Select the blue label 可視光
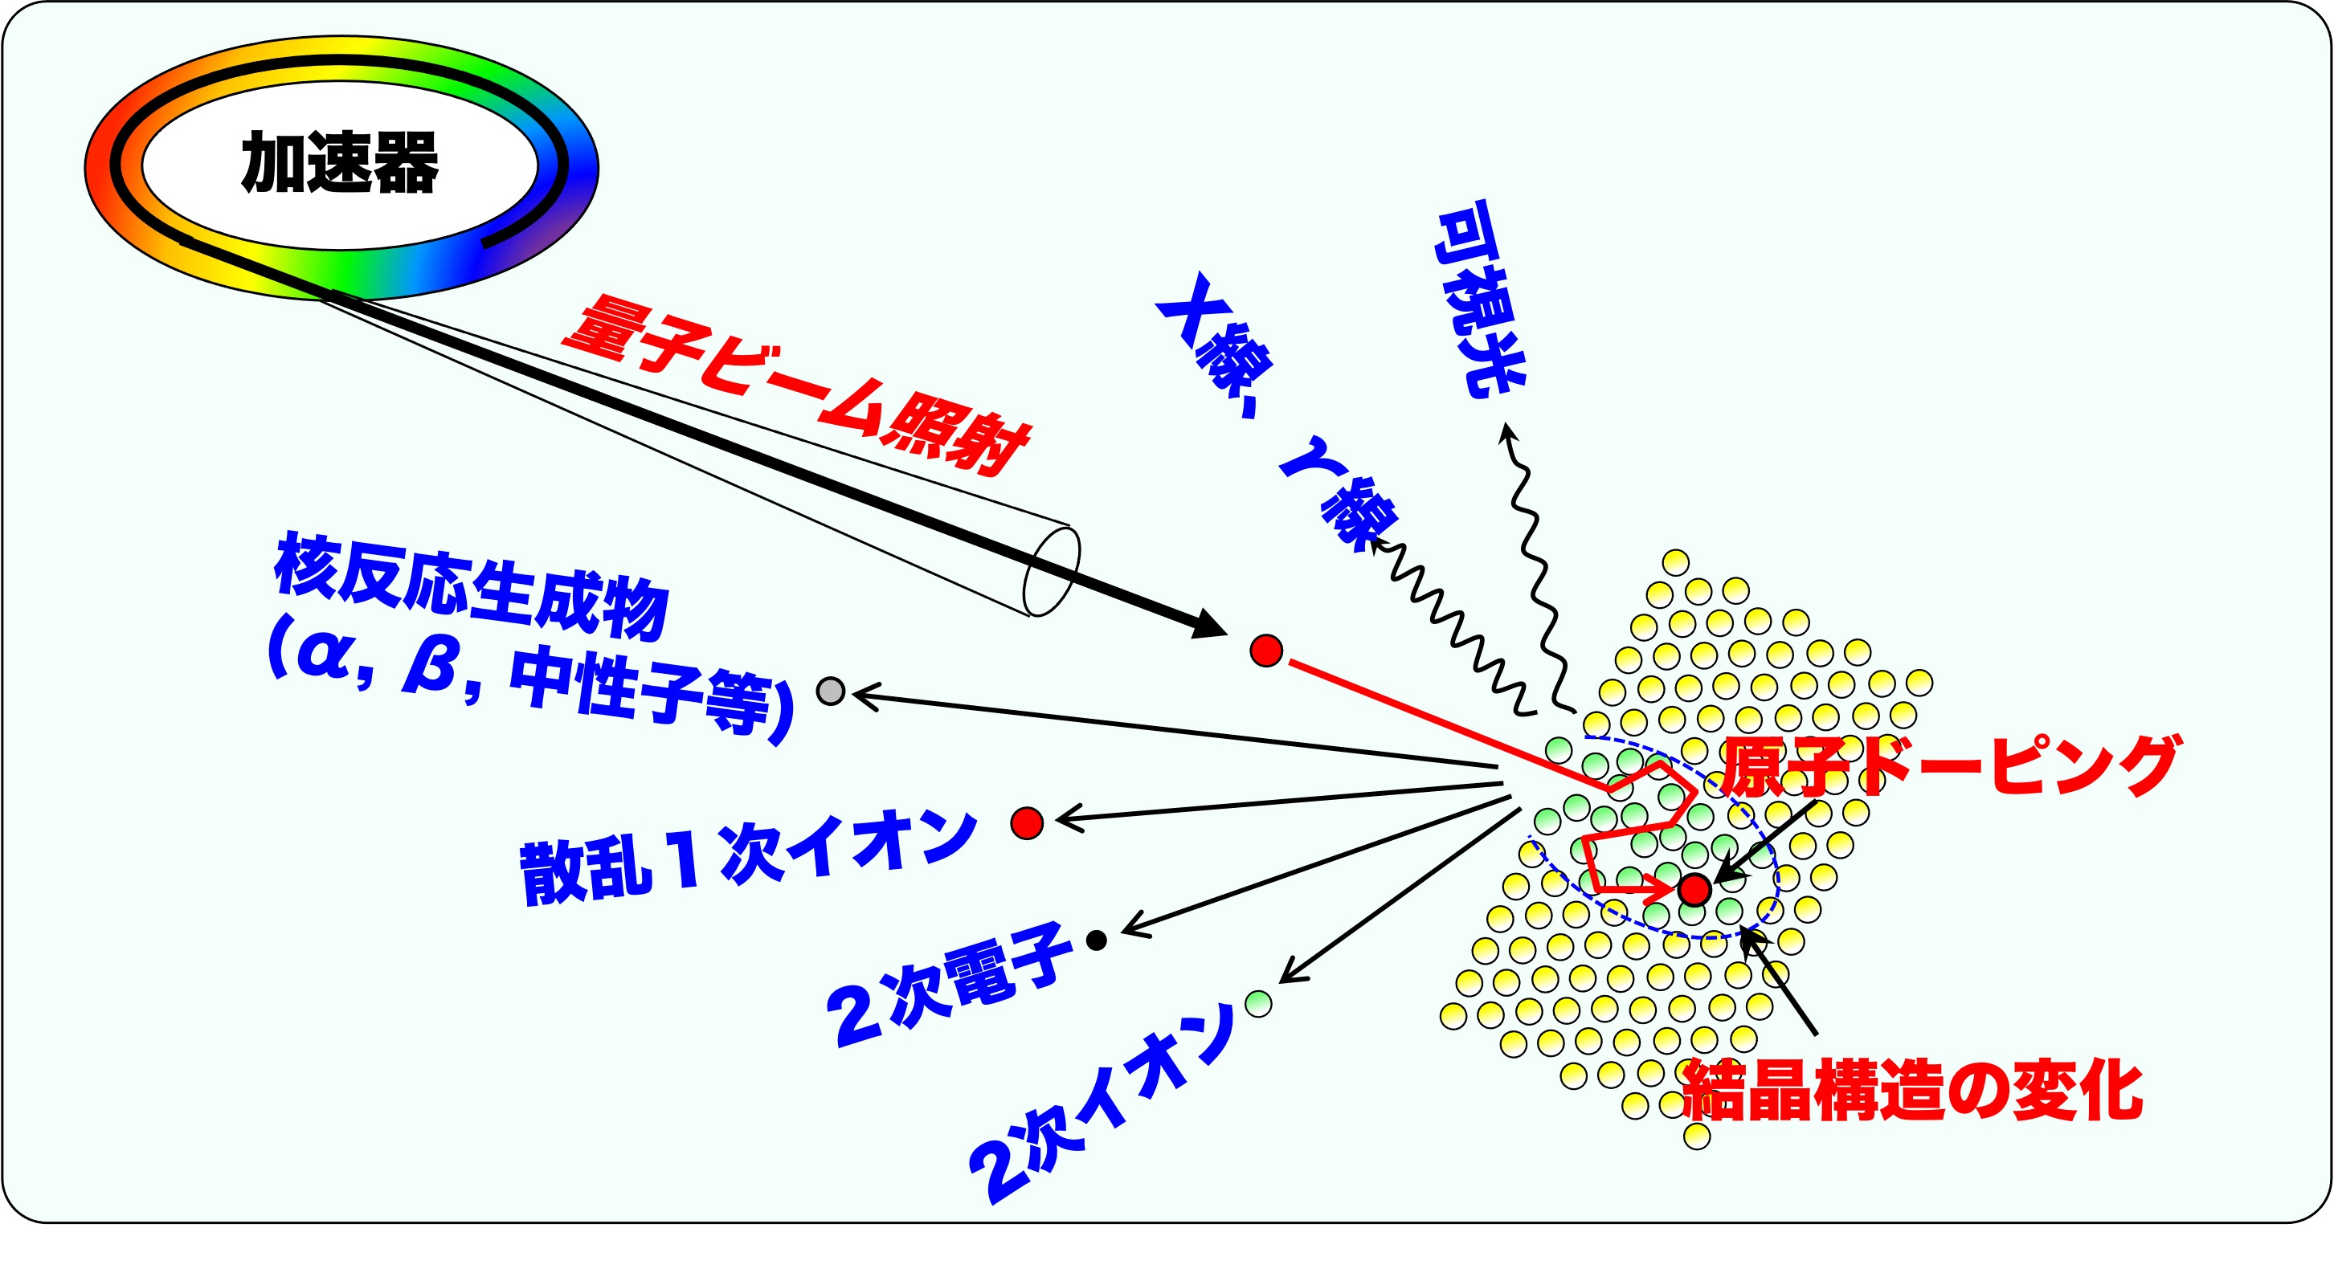[x=1478, y=299]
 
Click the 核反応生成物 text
[x=471, y=586]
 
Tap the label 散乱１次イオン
[x=748, y=856]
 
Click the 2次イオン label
[x=1102, y=1103]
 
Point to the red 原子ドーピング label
[x=1949, y=766]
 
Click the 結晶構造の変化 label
[x=1911, y=1091]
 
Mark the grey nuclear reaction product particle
[x=831, y=691]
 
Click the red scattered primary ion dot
[x=1027, y=822]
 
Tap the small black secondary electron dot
[x=1097, y=940]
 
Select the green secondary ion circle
[x=1258, y=1002]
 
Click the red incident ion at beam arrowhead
[x=1265, y=651]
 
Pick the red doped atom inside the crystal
[x=1694, y=889]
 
